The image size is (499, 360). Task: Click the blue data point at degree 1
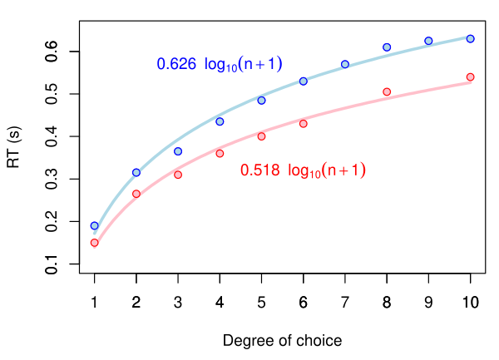(95, 225)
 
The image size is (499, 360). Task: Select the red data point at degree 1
(95, 243)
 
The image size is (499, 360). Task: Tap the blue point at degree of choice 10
(470, 39)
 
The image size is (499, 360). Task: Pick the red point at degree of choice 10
(470, 77)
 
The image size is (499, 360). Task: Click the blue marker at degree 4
(220, 121)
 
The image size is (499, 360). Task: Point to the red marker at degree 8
(387, 91)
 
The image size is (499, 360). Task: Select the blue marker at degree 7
(345, 64)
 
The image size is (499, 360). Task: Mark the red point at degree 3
(178, 175)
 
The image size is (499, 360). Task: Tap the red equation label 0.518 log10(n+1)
(303, 170)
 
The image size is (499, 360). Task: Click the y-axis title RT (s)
(14, 147)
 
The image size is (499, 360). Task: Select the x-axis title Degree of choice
(282, 341)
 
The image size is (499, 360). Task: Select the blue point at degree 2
(136, 172)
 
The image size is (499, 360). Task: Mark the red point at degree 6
(304, 124)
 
